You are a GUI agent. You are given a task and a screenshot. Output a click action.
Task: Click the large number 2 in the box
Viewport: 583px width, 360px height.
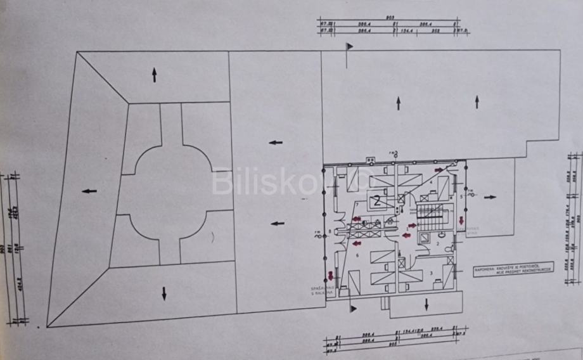(x=377, y=202)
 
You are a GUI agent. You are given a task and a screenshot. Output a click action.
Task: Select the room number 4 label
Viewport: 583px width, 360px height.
(x=432, y=182)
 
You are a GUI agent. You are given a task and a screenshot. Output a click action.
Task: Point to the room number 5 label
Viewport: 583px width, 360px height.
(x=461, y=196)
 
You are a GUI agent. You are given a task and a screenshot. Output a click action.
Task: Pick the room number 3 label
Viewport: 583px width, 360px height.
(x=431, y=273)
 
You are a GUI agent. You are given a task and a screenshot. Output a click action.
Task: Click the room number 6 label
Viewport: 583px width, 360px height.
(x=358, y=255)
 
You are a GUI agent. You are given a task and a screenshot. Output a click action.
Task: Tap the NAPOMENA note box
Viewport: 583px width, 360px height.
(x=513, y=269)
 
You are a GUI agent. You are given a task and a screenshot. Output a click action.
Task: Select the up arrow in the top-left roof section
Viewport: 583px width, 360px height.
(x=154, y=75)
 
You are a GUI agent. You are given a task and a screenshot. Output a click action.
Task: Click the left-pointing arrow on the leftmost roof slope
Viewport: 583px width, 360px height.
(x=89, y=190)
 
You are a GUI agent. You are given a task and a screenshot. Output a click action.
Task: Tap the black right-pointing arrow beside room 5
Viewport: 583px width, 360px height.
(x=489, y=197)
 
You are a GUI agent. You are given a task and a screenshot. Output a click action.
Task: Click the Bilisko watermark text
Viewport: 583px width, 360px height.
(x=285, y=182)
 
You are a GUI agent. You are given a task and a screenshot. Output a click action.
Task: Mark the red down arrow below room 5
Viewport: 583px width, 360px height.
(x=460, y=220)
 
